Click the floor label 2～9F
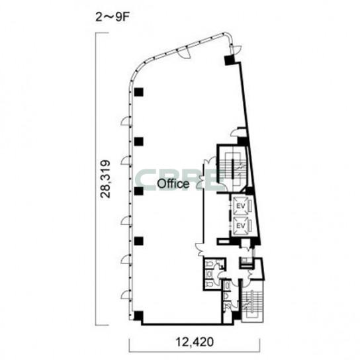(111, 17)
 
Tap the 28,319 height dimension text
(106, 179)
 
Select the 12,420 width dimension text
(195, 342)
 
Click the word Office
(173, 184)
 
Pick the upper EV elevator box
(241, 205)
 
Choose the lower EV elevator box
(241, 226)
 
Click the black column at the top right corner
(229, 60)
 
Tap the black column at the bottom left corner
(138, 316)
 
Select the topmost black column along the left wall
(139, 92)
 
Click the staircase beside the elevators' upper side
(232, 168)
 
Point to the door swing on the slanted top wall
(184, 53)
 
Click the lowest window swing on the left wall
(126, 295)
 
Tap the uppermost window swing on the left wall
(126, 121)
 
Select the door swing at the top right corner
(236, 50)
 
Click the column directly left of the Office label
(139, 191)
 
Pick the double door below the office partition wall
(201, 249)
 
